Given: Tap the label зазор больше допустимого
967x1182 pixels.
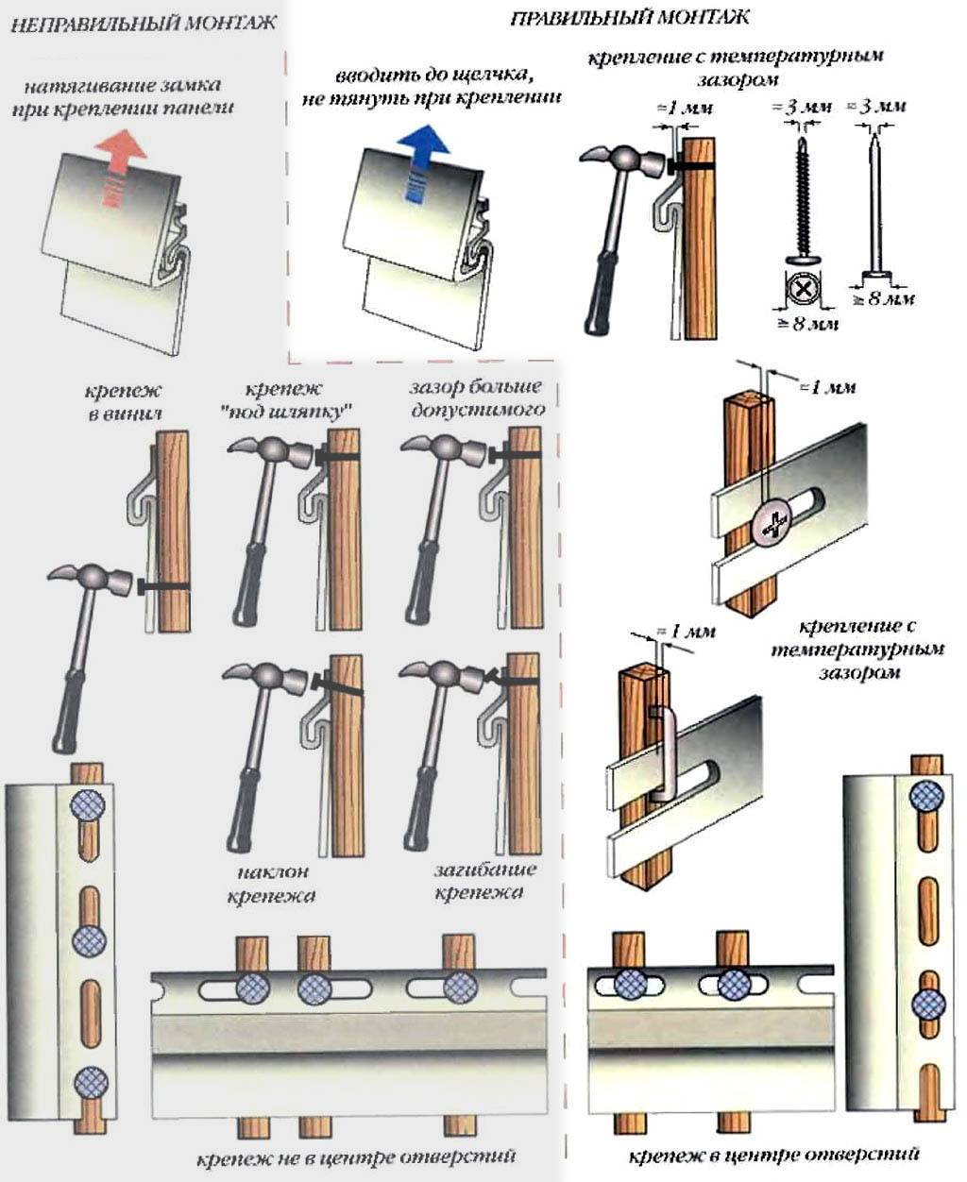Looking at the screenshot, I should tap(477, 398).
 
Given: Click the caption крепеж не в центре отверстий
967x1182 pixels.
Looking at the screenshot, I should tap(356, 1157).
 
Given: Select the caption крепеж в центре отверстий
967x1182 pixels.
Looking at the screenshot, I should tap(772, 1154).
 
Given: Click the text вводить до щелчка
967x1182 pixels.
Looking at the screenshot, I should tap(432, 75).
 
